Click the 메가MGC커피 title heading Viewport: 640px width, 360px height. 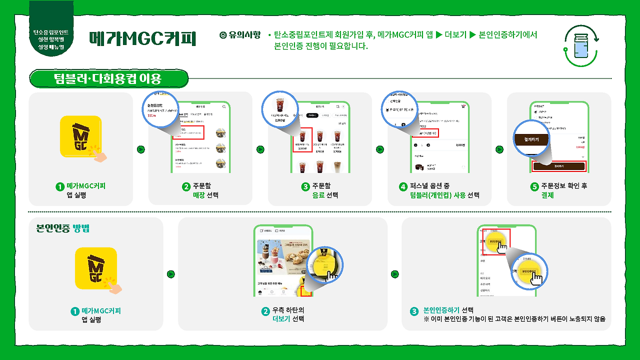tap(142, 38)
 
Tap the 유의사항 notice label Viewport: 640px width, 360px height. tap(240, 35)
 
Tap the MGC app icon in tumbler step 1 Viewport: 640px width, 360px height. tap(81, 137)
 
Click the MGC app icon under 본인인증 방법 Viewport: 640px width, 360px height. tap(96, 269)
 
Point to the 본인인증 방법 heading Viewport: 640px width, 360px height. tap(62, 228)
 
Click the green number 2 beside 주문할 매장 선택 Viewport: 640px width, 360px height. tap(186, 186)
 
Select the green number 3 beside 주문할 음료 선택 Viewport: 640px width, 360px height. tap(305, 186)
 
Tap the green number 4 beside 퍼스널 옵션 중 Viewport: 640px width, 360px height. tap(403, 186)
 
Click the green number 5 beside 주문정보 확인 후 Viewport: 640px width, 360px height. tap(534, 186)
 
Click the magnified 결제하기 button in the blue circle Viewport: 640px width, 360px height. tap(532, 139)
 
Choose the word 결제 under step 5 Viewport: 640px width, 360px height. tap(547, 195)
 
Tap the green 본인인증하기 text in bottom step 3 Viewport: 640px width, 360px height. tap(441, 310)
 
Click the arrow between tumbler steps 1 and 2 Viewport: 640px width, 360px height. tap(141, 149)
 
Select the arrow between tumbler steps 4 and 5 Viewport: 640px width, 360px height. tap(499, 149)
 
